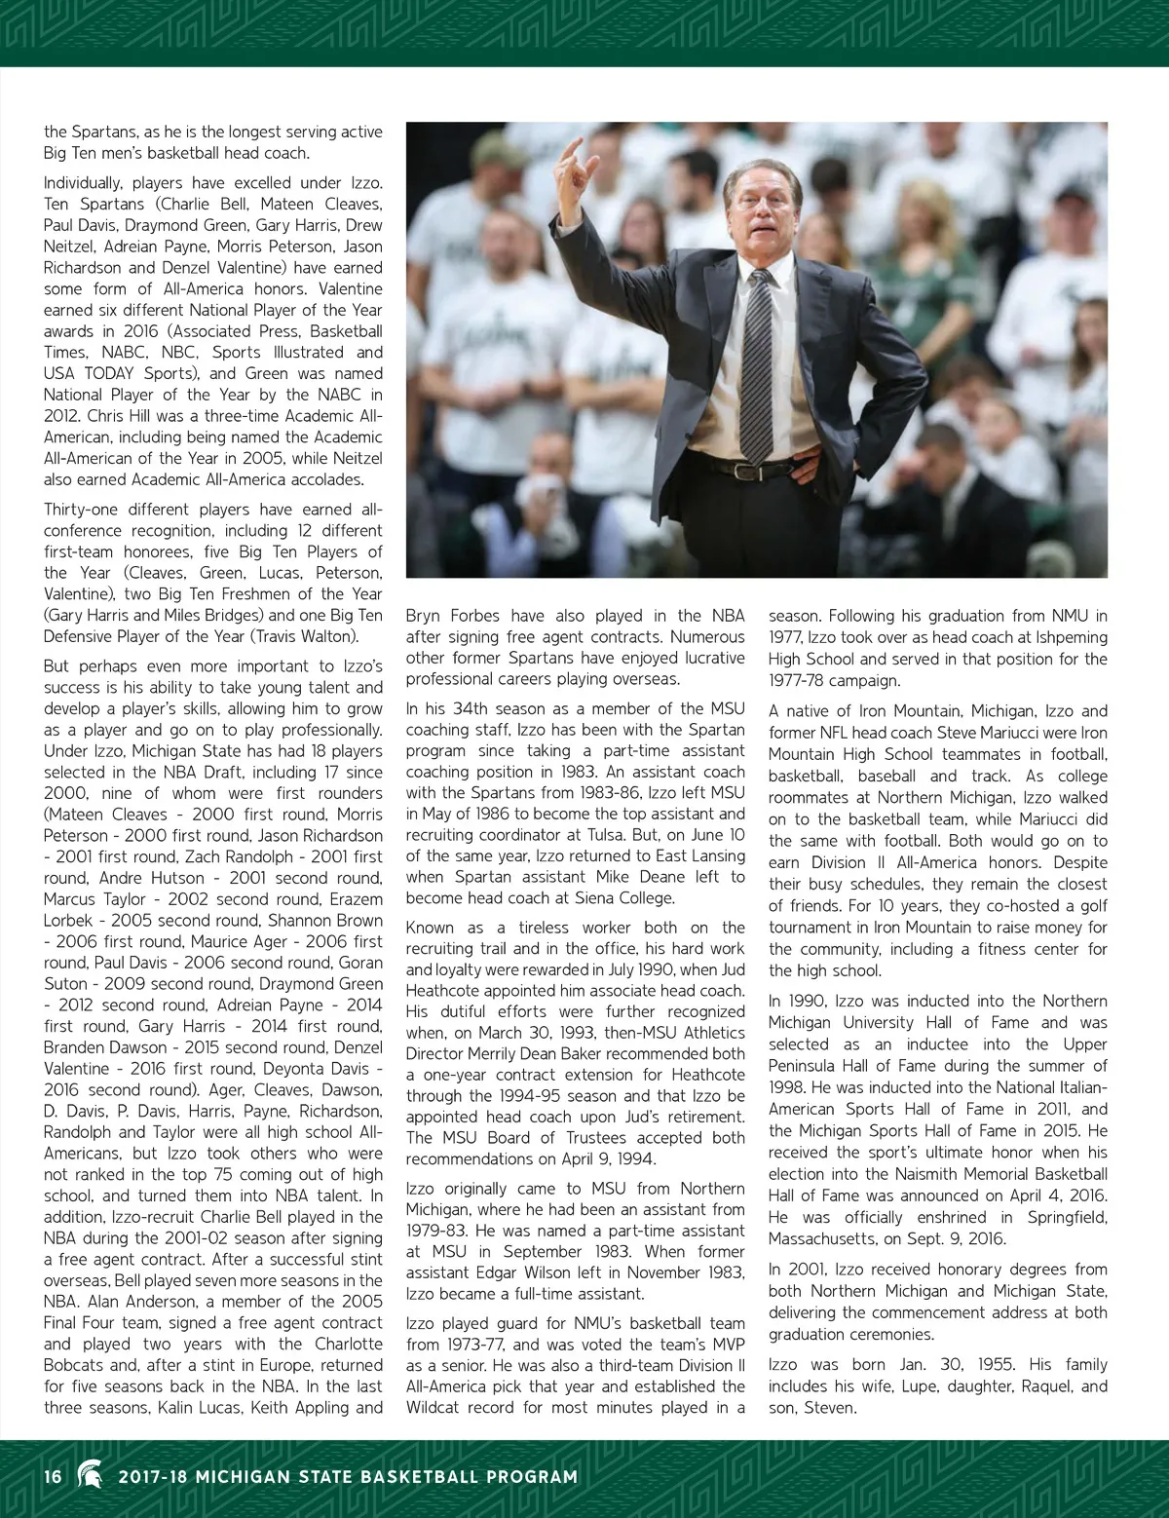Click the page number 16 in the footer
coord(53,1476)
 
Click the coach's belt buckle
coord(748,472)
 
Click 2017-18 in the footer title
coord(152,1477)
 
